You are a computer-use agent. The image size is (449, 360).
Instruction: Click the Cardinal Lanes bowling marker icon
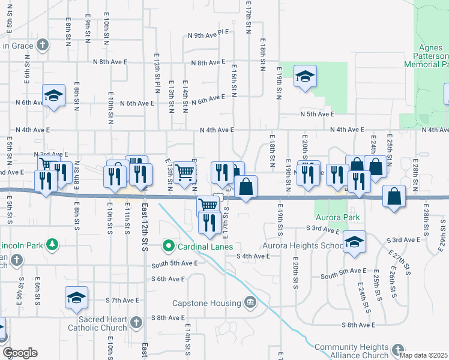(168, 246)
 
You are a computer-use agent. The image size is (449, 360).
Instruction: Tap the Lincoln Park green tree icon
(53, 244)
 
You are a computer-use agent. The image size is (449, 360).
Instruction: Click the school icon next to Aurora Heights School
(354, 241)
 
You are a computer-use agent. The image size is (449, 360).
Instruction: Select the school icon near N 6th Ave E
(53, 95)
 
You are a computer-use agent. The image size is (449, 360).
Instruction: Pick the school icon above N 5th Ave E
(305, 76)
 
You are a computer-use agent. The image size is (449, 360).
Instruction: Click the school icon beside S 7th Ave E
(76, 298)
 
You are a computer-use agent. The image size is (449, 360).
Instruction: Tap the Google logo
(20, 353)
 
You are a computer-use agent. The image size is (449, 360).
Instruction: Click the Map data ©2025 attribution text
(423, 355)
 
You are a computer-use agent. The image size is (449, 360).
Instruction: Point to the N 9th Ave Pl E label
(209, 35)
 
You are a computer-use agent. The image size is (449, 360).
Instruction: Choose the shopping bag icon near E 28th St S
(393, 196)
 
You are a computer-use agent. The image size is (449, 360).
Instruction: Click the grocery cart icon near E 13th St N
(185, 172)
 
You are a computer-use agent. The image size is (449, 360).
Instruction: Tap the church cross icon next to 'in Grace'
(42, 45)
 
